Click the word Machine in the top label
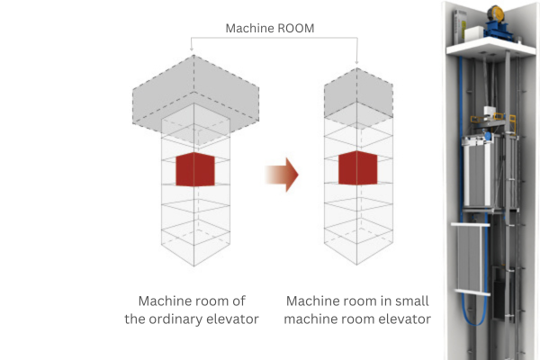coord(250,28)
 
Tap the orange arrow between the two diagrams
coord(280,173)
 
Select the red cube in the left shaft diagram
coord(195,169)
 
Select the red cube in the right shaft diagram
coord(357,169)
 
